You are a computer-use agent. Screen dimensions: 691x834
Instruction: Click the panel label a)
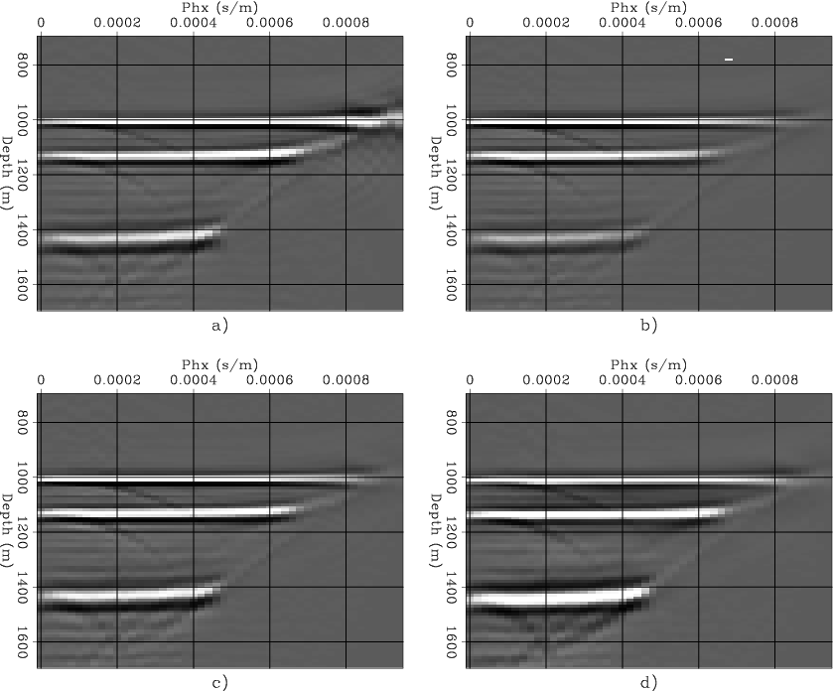(220, 325)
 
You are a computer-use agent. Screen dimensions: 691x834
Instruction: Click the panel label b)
(649, 325)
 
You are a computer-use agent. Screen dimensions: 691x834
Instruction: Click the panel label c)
(220, 682)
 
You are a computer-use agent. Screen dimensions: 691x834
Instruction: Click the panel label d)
(649, 682)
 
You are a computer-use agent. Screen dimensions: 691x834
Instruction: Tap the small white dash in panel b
(729, 60)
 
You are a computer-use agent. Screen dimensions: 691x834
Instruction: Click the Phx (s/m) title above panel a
(220, 7)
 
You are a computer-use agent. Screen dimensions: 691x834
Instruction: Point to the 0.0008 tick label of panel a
(346, 21)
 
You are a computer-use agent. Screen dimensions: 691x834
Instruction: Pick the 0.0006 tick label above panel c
(270, 378)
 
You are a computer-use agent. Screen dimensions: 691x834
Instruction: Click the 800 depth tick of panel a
(20, 66)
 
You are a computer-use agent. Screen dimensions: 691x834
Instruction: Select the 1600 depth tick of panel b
(449, 284)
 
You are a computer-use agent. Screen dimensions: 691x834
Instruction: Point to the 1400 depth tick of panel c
(20, 587)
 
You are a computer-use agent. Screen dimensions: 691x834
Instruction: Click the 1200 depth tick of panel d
(449, 532)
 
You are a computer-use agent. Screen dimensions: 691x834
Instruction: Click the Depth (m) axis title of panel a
(7, 174)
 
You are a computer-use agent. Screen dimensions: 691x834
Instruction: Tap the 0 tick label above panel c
(41, 378)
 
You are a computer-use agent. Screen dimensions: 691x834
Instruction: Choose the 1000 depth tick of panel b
(449, 120)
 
